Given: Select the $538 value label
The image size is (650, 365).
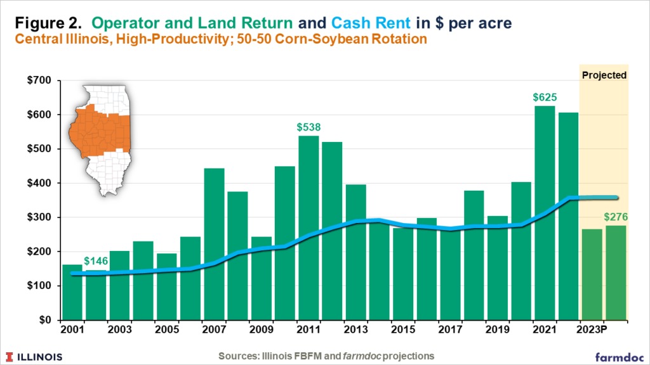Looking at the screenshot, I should tap(308, 127).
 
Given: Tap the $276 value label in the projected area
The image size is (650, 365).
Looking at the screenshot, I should tap(615, 217).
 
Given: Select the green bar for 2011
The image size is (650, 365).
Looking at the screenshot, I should tap(308, 227).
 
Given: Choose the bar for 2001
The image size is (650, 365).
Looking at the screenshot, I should tap(72, 292).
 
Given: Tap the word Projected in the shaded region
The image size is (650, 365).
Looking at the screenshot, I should tap(604, 75).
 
